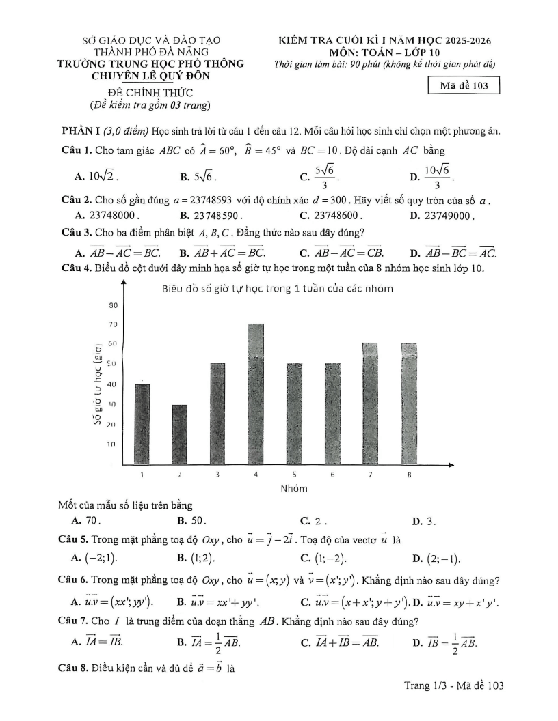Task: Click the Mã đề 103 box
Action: (x=463, y=85)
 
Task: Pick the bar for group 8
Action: (x=408, y=404)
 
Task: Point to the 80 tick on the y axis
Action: (x=113, y=305)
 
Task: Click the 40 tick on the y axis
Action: (x=113, y=385)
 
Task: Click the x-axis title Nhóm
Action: (x=294, y=488)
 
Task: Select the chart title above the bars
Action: (x=278, y=288)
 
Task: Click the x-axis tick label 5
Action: (x=294, y=474)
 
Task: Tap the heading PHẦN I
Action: (x=81, y=131)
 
